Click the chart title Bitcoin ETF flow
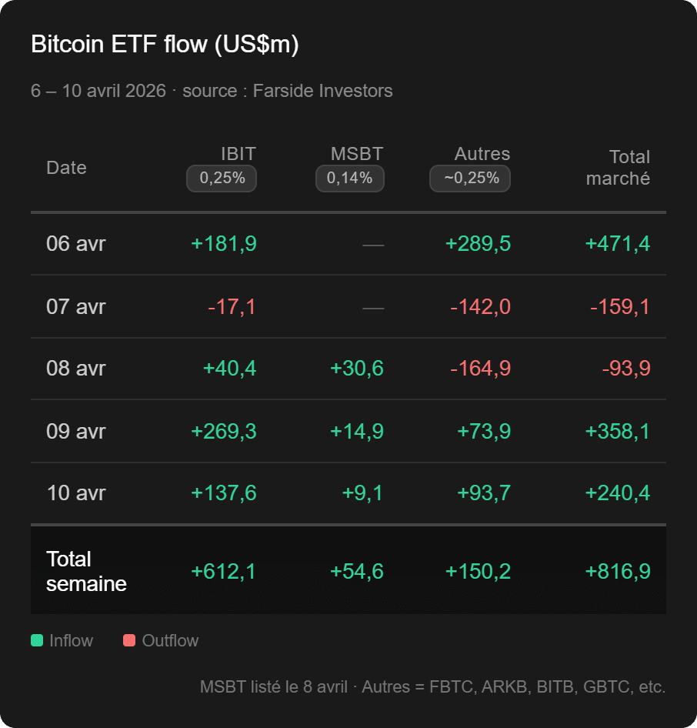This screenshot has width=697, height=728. coord(165,45)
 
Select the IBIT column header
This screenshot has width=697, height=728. coord(238,154)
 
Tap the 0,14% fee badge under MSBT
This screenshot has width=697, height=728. coord(349,179)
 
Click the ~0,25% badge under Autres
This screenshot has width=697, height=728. coord(470,179)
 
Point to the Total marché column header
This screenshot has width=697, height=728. coord(618,168)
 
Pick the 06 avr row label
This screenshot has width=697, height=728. coord(76,244)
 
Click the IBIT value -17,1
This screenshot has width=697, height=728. coord(232,307)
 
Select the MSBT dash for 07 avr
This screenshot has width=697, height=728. coord(373,307)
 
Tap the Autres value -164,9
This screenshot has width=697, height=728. coord(480,369)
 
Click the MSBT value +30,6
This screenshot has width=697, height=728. coord(356,369)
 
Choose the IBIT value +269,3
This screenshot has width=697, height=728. coord(223,431)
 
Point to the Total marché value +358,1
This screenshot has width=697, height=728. coord(617,431)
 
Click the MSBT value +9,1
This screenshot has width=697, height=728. coord(362,493)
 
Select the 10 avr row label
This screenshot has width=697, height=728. coord(76,493)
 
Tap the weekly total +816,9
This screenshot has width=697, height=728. coord(617,571)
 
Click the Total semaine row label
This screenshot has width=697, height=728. coord(85,571)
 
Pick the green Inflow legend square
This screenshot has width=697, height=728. coord(37,640)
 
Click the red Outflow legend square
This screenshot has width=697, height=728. coord(129,640)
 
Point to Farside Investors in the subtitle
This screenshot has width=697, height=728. coord(322,91)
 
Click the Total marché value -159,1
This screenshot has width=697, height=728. coord(619,307)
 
